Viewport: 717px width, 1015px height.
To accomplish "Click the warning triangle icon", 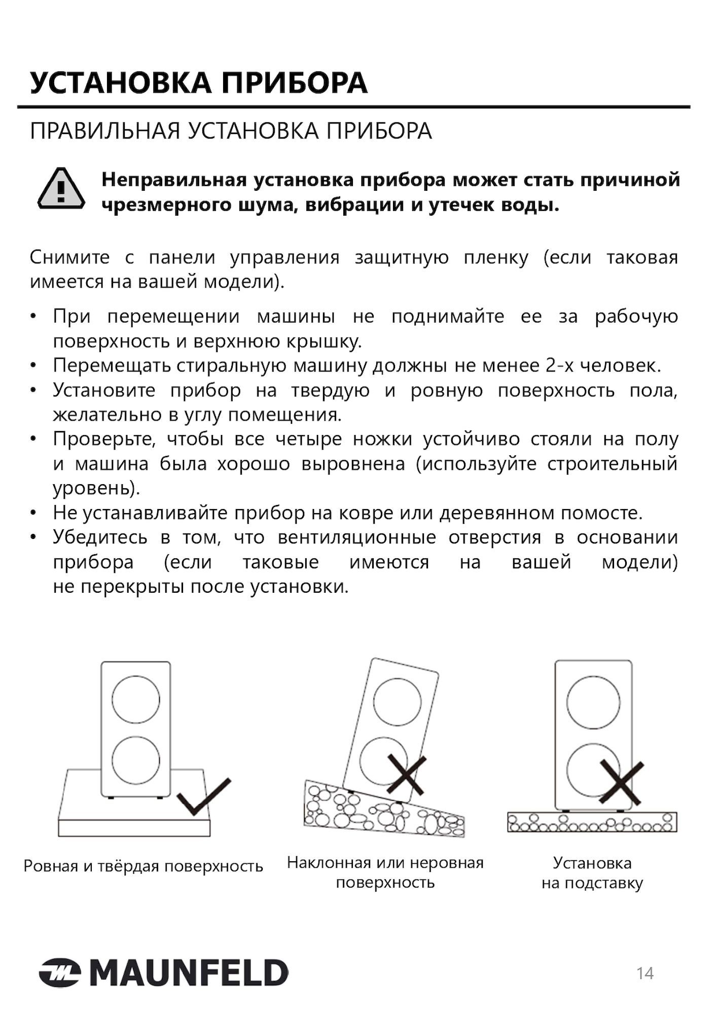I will click(x=61, y=189).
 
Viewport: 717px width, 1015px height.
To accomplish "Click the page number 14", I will click(x=645, y=973).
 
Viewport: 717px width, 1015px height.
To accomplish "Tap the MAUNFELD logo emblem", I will click(x=60, y=973).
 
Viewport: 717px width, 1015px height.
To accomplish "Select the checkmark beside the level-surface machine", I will click(x=204, y=796).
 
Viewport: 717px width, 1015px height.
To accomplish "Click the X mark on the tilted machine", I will click(x=407, y=774).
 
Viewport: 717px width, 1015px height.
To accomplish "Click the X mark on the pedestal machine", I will click(x=621, y=782).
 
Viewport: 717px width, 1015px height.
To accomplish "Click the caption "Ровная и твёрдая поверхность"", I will click(x=144, y=866).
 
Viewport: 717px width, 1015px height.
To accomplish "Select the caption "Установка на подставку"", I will click(x=592, y=873).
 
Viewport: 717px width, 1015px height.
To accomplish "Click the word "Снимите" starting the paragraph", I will click(x=69, y=257).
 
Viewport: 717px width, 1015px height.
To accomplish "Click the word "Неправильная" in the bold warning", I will click(x=174, y=180).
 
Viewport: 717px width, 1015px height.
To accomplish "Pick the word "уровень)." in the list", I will click(x=96, y=488).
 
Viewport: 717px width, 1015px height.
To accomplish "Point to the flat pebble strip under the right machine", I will click(x=592, y=823).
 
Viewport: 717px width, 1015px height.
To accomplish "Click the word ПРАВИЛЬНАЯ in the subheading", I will click(x=105, y=131).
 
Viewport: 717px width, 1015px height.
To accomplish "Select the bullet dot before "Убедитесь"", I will click(x=33, y=537).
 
